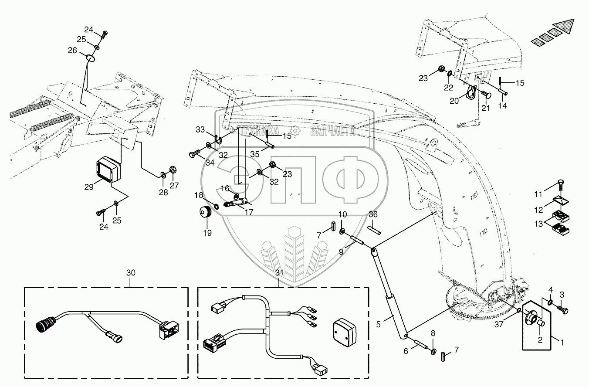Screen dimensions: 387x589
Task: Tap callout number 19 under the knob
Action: [207, 233]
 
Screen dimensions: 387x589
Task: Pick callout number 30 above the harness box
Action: [131, 273]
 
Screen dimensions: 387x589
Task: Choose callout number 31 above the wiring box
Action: [279, 273]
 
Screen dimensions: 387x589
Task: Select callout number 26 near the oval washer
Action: [72, 51]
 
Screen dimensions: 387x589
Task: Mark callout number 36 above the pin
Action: [373, 214]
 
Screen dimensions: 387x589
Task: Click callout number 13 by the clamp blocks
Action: [538, 224]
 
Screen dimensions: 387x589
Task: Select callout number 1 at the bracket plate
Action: [562, 343]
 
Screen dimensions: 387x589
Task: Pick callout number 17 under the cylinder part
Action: [249, 213]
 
